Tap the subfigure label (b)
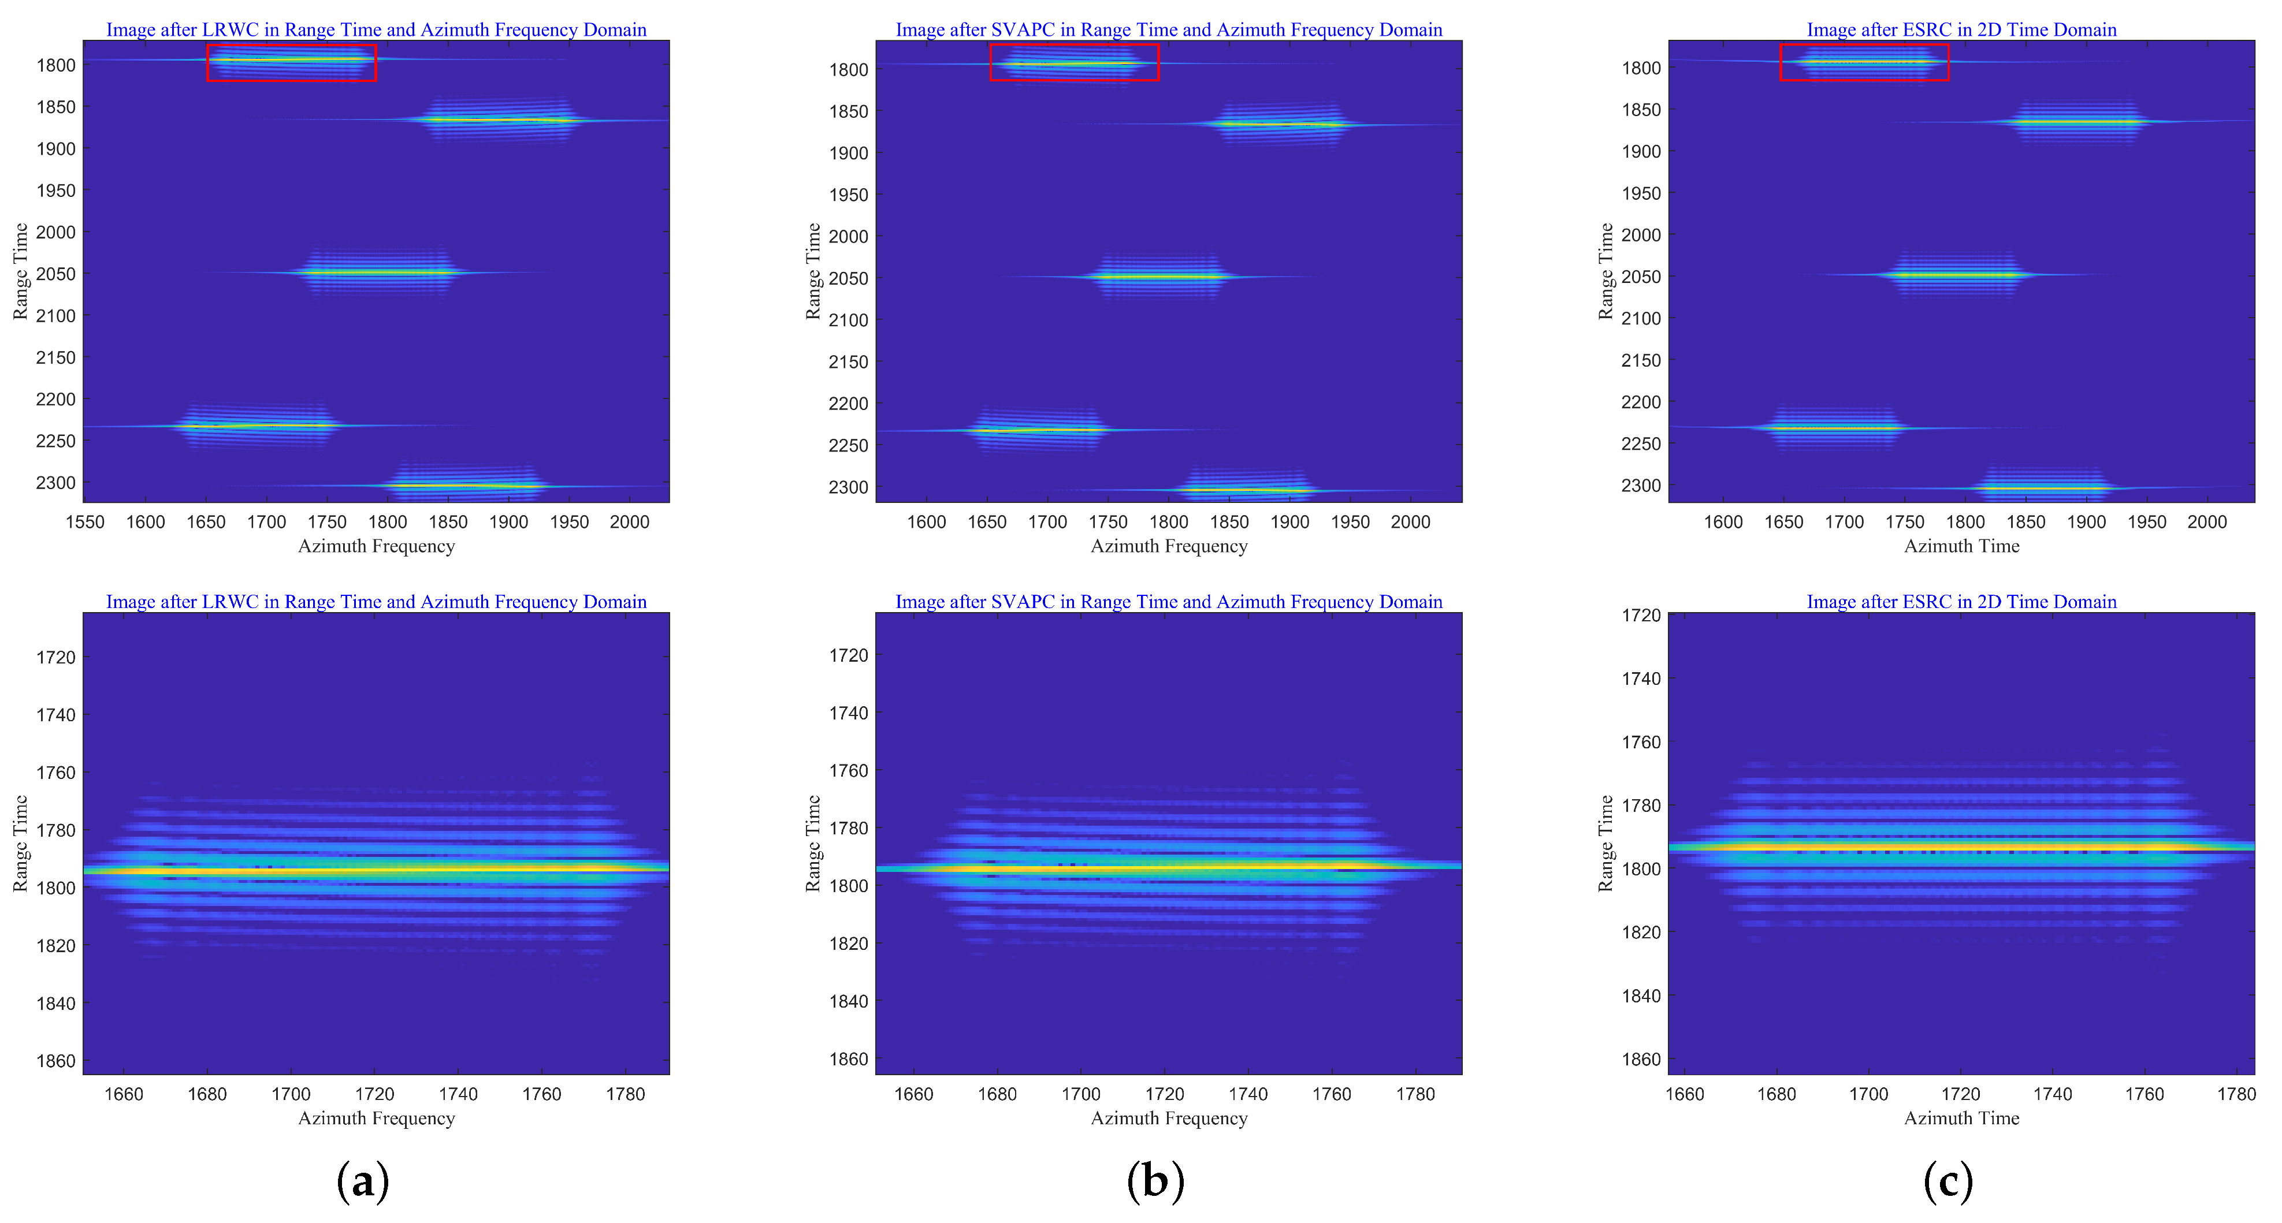tap(1155, 1181)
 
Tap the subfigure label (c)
tap(1948, 1181)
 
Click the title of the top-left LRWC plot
tap(377, 29)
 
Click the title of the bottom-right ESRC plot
tap(1961, 601)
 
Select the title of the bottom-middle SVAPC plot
tap(1169, 601)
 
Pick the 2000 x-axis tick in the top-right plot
tap(2207, 521)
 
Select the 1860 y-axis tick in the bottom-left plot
tap(56, 1061)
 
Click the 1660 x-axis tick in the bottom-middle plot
tap(913, 1094)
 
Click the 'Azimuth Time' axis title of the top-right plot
tap(1961, 546)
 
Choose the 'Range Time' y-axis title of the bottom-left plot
tap(20, 843)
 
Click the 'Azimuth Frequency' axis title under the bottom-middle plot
tap(1169, 1117)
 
